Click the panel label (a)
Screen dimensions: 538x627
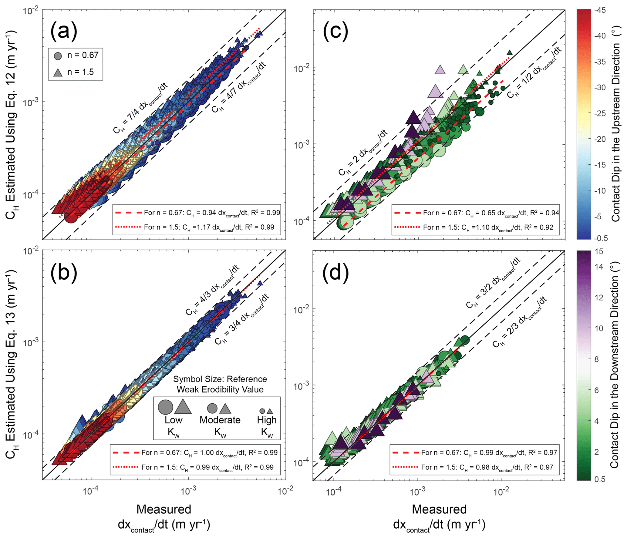point(64,31)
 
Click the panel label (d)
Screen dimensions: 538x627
point(335,273)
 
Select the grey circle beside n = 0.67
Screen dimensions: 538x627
point(58,56)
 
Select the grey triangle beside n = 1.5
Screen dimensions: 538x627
point(58,72)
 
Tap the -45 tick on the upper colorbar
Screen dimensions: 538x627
point(600,10)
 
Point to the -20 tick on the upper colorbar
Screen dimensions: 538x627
point(600,139)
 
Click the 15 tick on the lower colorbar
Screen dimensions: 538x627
point(599,251)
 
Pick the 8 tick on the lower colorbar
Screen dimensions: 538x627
point(596,359)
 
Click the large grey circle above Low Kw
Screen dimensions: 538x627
point(166,407)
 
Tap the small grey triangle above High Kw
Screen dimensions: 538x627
point(270,411)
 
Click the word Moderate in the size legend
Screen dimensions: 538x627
point(220,420)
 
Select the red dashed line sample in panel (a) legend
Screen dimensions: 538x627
point(128,213)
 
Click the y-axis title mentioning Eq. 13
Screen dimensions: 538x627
point(12,364)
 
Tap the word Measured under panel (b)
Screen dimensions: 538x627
point(164,509)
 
